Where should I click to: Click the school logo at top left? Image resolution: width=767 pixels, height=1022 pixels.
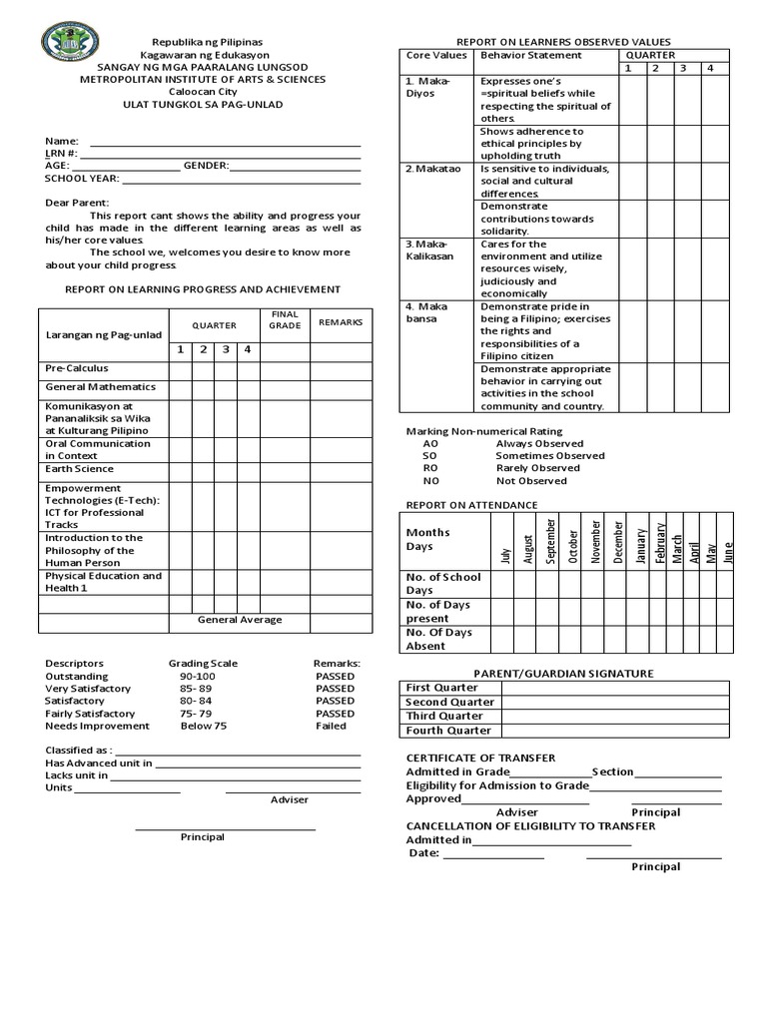click(71, 45)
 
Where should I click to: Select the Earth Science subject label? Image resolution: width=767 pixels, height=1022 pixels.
click(79, 468)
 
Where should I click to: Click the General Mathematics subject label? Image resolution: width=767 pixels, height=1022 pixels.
click(100, 386)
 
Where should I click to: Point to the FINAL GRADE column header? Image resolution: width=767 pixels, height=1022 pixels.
click(285, 319)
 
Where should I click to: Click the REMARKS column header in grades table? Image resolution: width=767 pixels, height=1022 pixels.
click(340, 322)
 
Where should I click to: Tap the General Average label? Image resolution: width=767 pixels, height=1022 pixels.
click(240, 620)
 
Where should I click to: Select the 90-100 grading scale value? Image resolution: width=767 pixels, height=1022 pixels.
click(197, 676)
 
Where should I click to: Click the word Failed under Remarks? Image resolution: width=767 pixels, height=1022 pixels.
click(331, 726)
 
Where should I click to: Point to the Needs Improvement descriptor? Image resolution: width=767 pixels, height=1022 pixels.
click(97, 726)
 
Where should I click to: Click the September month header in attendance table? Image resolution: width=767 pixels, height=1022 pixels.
click(550, 541)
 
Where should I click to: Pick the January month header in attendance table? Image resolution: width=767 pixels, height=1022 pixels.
click(641, 545)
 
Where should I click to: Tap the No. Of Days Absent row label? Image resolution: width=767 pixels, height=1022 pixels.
click(440, 639)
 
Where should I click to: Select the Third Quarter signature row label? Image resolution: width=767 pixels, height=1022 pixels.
click(444, 716)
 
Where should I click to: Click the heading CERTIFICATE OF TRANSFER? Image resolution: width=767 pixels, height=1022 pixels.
click(480, 759)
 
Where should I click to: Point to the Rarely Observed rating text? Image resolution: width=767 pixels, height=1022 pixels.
click(537, 468)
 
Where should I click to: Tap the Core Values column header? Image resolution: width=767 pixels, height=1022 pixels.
click(435, 56)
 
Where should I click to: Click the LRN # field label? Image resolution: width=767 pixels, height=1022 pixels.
click(61, 153)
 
